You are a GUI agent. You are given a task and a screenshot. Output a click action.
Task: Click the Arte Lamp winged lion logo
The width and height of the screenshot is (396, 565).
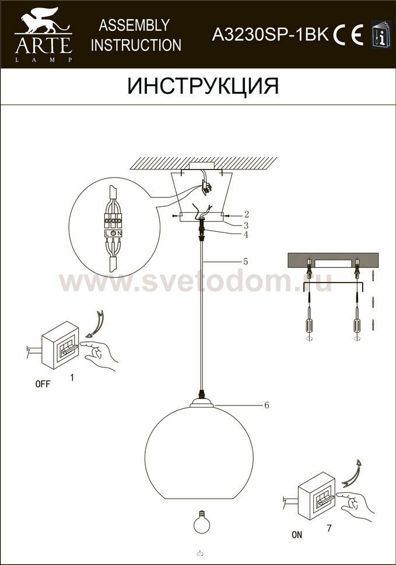tap(43, 35)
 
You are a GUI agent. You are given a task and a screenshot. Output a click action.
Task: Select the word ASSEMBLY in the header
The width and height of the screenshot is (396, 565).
tap(134, 25)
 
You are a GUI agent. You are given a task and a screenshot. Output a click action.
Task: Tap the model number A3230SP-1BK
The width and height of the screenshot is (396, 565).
tap(270, 34)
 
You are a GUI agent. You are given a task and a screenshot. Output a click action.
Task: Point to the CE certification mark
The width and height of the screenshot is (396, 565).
tap(348, 35)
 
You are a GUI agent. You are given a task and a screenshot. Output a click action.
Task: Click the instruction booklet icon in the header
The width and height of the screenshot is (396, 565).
tap(381, 34)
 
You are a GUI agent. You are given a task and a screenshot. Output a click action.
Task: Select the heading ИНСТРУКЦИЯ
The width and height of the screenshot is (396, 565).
tap(203, 86)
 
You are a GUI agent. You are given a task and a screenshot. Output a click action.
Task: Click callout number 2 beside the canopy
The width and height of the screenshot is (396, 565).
tap(246, 214)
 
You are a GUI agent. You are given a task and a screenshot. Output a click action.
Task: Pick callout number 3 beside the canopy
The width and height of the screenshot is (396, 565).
tap(246, 225)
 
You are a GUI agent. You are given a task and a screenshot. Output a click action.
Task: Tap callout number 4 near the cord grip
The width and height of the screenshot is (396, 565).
tap(246, 235)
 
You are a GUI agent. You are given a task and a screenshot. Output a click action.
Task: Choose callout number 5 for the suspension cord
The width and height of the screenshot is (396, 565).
tap(246, 262)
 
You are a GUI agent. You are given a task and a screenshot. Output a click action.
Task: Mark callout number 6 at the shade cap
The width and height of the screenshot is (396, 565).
tap(267, 405)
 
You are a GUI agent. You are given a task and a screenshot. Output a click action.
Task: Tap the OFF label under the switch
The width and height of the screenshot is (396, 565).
tap(43, 384)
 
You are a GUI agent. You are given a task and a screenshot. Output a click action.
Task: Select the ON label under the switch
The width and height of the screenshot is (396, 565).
tap(297, 535)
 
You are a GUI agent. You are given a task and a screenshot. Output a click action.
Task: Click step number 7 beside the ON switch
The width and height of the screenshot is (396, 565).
tap(329, 529)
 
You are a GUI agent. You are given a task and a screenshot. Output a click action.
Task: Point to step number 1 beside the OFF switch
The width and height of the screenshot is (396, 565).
tap(72, 377)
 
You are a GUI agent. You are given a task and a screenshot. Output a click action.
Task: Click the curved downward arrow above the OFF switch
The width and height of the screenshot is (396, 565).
tap(97, 324)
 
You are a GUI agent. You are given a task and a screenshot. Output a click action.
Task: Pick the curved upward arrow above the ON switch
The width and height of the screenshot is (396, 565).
tap(354, 474)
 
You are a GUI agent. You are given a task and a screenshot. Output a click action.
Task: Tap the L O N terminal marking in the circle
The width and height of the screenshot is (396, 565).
tap(114, 234)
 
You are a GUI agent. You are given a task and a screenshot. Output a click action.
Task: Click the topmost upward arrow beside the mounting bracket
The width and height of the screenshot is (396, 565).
tap(373, 277)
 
